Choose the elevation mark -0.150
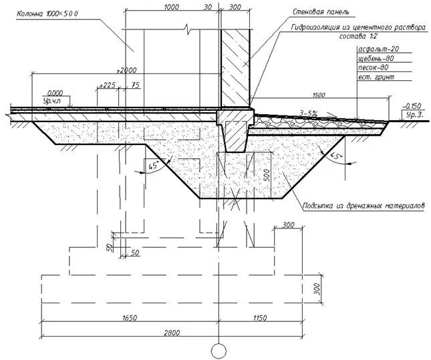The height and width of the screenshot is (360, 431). click(x=414, y=106)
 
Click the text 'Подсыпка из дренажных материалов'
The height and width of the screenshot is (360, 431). click(x=364, y=206)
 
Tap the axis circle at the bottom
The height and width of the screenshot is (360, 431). click(x=218, y=350)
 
